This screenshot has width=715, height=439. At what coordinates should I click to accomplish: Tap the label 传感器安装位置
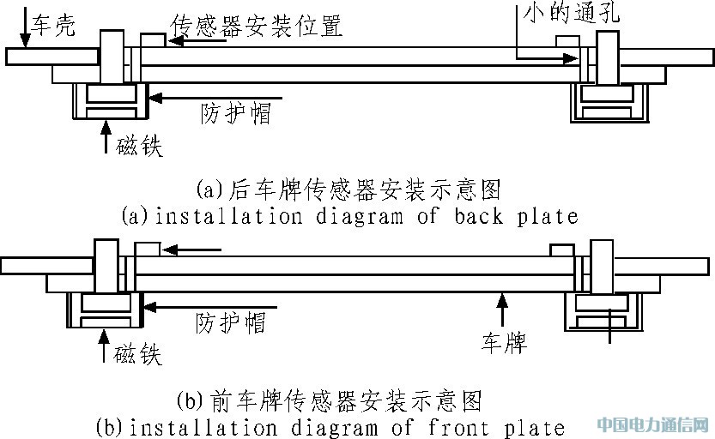coord(258,25)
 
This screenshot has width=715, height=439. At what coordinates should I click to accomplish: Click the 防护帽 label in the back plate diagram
coord(236,114)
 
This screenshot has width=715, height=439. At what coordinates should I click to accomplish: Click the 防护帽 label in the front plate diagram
coord(230,322)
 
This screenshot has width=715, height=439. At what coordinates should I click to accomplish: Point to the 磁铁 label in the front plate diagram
coord(138,352)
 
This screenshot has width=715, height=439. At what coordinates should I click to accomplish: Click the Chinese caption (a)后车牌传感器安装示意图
coord(348,188)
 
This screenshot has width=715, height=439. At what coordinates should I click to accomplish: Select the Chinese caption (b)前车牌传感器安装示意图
coord(329,400)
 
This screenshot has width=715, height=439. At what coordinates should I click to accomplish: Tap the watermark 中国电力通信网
coord(653,424)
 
